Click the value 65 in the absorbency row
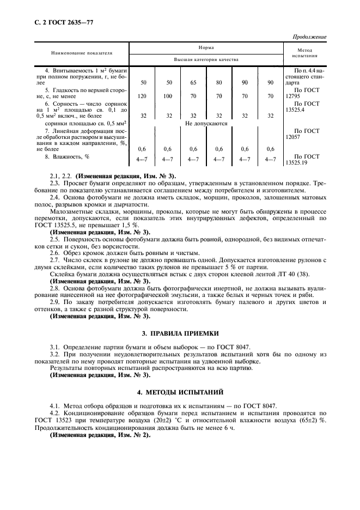(x=193, y=82)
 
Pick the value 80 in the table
(x=219, y=82)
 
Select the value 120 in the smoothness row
(x=143, y=96)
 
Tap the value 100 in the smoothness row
(x=169, y=96)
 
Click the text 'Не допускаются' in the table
(x=206, y=124)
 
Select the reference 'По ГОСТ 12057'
(x=305, y=135)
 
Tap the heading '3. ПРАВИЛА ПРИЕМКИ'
(x=180, y=332)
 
